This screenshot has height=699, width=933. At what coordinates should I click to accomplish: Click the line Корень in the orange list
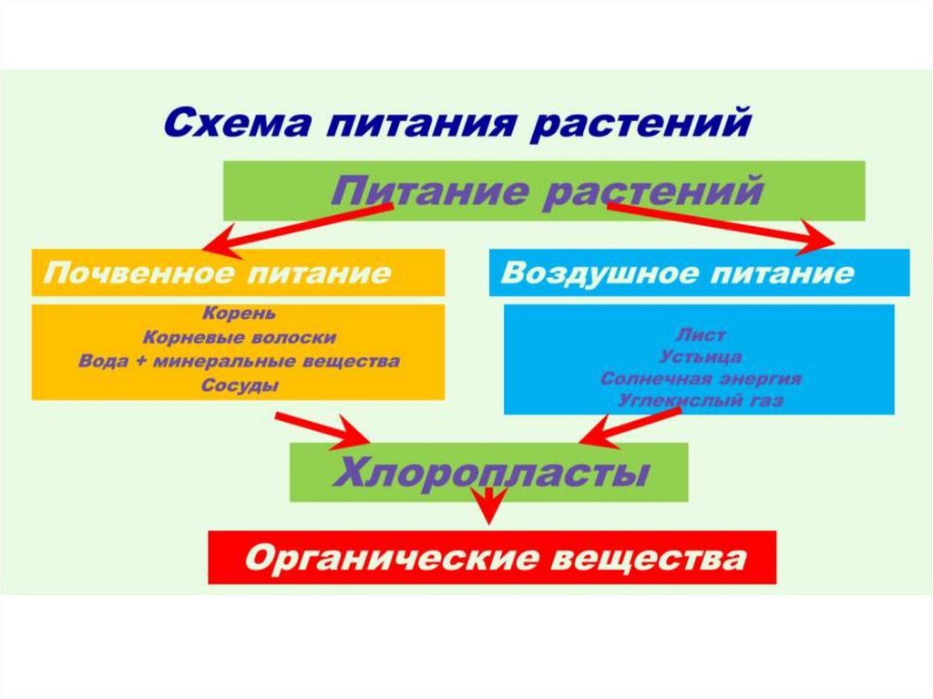click(239, 314)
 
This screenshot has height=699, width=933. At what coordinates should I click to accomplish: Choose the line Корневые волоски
click(239, 337)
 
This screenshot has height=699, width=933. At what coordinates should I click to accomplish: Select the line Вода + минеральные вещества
click(239, 361)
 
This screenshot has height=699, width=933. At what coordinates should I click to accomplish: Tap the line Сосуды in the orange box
click(239, 385)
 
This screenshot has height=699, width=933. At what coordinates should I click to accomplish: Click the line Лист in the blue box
click(701, 335)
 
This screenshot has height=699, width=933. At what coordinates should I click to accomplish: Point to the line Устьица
click(701, 356)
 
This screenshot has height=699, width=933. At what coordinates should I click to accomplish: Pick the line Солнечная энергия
click(701, 378)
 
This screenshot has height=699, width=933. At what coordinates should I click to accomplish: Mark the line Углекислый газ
click(701, 400)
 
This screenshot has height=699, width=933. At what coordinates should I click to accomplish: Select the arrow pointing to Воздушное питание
click(720, 225)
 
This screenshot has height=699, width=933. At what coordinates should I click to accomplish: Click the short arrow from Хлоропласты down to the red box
click(490, 504)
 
